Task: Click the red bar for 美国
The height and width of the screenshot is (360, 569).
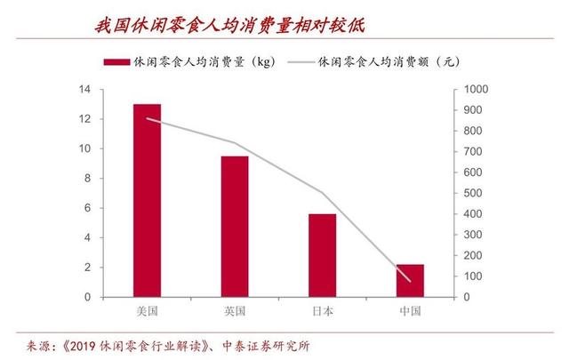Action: pyautogui.click(x=147, y=200)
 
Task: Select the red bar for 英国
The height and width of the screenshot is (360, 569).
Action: pyautogui.click(x=235, y=227)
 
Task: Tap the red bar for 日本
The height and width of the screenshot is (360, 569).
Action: pyautogui.click(x=322, y=255)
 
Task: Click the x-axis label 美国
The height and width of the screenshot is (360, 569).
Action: pyautogui.click(x=147, y=311)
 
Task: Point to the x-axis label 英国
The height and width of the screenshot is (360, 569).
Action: pyautogui.click(x=235, y=311)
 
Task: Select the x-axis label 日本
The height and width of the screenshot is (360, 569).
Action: pyautogui.click(x=322, y=311)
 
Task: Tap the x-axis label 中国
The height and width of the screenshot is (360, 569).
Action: pyautogui.click(x=410, y=311)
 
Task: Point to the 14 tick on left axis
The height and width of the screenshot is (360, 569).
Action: pyautogui.click(x=85, y=90)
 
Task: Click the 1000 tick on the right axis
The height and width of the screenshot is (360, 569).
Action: pyautogui.click(x=469, y=90)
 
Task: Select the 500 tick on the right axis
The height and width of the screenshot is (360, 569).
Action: pyautogui.click(x=467, y=194)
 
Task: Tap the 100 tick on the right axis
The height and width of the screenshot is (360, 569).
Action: pyautogui.click(x=467, y=276)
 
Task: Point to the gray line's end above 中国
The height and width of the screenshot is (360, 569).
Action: pyautogui.click(x=410, y=280)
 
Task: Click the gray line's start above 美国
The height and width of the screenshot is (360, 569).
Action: pyautogui.click(x=147, y=118)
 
